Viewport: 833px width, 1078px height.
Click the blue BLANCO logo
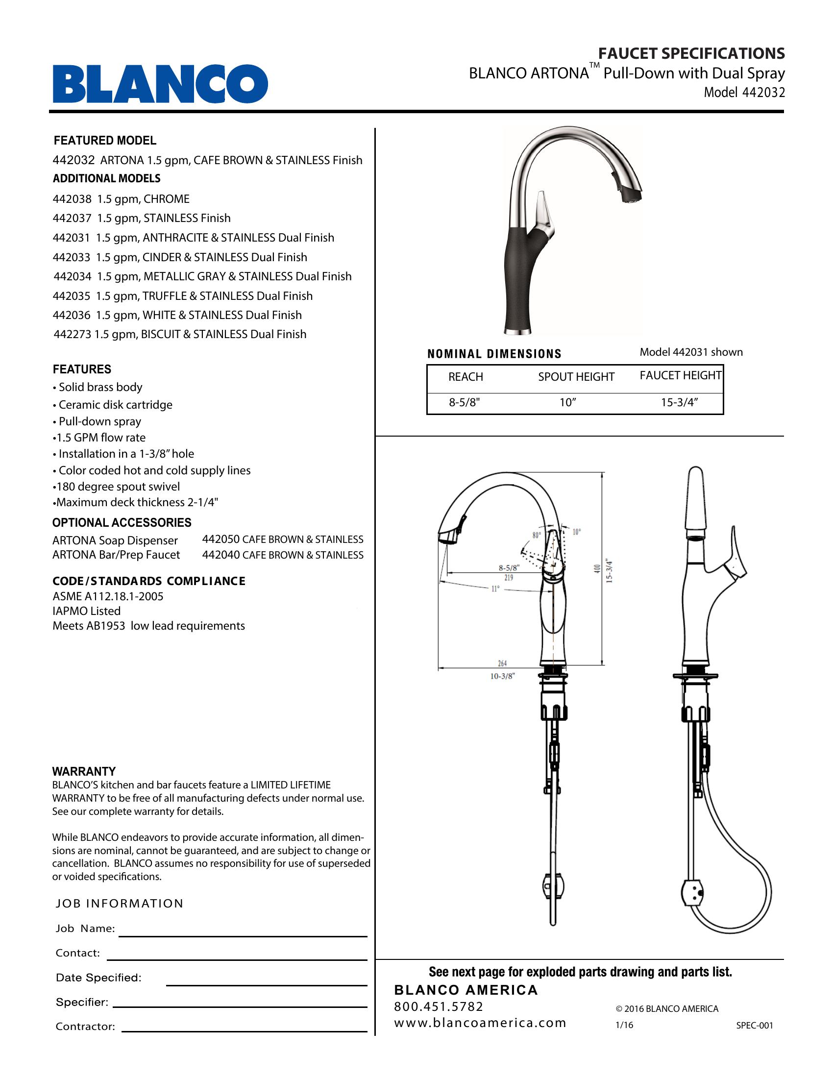[x=160, y=83]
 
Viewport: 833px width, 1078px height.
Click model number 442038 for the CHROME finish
[x=72, y=199]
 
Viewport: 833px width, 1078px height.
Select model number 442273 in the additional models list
[x=72, y=334]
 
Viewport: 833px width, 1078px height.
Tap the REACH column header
[x=465, y=377]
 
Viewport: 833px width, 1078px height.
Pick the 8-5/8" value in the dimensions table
[x=465, y=402]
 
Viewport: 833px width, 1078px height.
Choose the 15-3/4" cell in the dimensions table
[x=680, y=402]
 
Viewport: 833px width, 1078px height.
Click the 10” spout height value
[x=568, y=402]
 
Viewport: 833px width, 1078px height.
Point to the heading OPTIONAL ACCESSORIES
[x=122, y=522]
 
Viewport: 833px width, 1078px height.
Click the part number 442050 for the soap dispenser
[x=220, y=539]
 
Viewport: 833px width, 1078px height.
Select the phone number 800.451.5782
[x=439, y=1006]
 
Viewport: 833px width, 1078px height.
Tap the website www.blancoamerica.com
[x=480, y=1023]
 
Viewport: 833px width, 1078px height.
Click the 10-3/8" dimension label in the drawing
[x=502, y=676]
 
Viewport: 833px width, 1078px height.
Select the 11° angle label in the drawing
[x=495, y=589]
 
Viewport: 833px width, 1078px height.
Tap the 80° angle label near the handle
[x=537, y=535]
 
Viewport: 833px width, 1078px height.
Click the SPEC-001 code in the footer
[x=755, y=1025]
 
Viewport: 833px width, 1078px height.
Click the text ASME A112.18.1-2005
[x=108, y=596]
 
